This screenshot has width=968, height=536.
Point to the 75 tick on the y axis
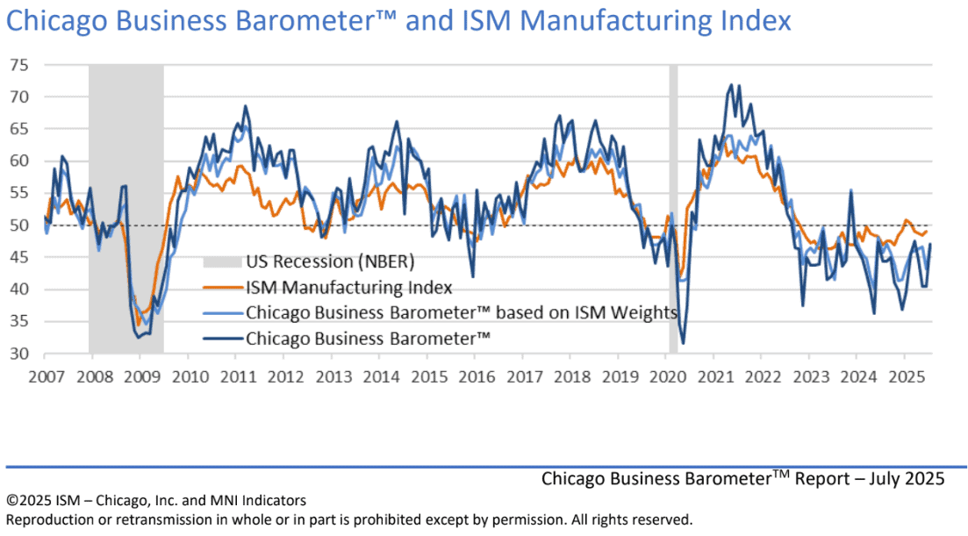19,66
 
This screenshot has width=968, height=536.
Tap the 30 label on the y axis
19,354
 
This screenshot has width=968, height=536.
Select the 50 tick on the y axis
19,225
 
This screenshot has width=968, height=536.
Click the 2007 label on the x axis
47,376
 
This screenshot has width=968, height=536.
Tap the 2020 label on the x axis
667,376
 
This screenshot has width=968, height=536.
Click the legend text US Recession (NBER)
330,261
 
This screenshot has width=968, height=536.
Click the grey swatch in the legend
222,262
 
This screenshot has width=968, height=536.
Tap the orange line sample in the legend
222,288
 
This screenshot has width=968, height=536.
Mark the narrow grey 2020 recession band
673,209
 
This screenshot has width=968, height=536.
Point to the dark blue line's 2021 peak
732,85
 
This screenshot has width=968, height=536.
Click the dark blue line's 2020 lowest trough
683,343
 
